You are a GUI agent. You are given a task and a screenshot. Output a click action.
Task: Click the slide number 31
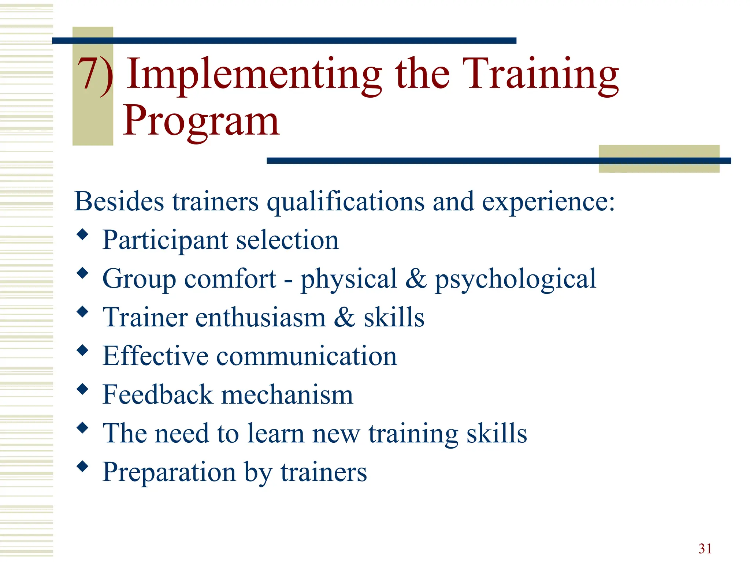(705, 548)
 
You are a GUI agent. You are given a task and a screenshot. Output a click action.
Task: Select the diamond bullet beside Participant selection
(83, 234)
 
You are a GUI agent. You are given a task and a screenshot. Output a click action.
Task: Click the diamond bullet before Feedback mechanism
(83, 389)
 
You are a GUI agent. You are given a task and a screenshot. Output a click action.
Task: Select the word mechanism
(287, 395)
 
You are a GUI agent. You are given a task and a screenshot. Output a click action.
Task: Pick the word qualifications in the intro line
(345, 202)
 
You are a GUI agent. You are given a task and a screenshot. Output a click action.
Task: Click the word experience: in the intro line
(548, 202)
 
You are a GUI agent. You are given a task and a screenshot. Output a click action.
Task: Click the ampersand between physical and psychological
(416, 278)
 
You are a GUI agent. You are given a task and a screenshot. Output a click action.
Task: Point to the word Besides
(119, 202)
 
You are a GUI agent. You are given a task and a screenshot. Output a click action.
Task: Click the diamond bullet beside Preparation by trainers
(83, 466)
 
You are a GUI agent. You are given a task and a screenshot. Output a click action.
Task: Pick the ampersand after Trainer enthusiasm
(344, 317)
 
